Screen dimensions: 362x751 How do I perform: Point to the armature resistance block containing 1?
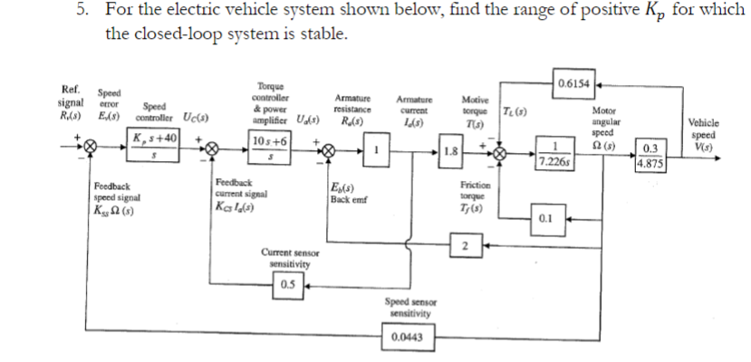click(378, 150)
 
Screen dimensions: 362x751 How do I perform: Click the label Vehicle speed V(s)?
click(704, 138)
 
